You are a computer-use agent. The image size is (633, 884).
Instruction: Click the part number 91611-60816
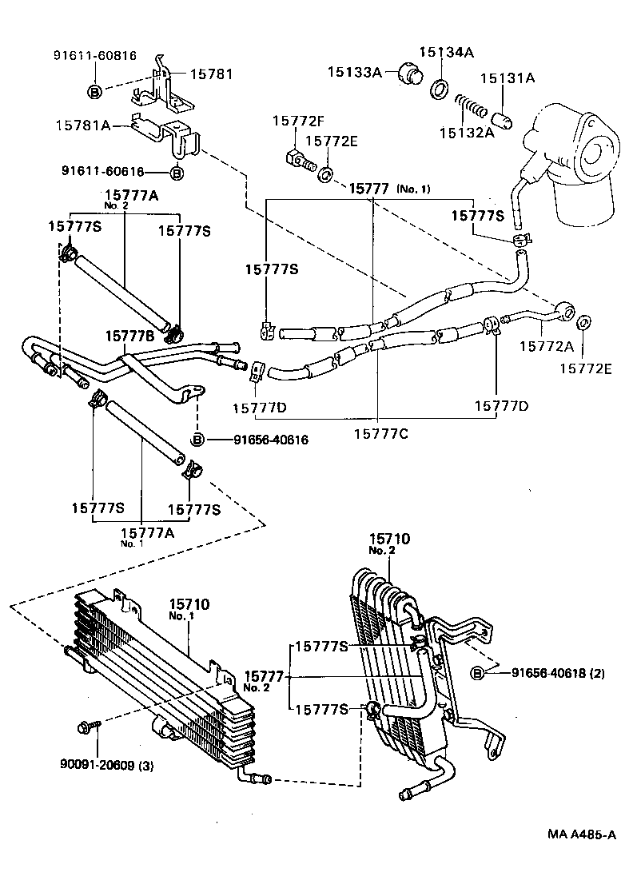[x=95, y=56]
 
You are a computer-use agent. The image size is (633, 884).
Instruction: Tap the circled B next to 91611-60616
[x=177, y=173]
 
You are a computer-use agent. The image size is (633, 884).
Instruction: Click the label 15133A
[x=355, y=71]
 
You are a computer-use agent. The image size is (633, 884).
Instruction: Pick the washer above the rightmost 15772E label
[x=583, y=323]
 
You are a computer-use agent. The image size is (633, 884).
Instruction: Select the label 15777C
[x=380, y=432]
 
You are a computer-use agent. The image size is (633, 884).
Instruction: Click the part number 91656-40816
[x=260, y=440]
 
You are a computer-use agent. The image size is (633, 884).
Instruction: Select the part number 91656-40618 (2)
[x=559, y=673]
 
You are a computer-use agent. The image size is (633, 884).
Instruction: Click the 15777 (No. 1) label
[x=389, y=189]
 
